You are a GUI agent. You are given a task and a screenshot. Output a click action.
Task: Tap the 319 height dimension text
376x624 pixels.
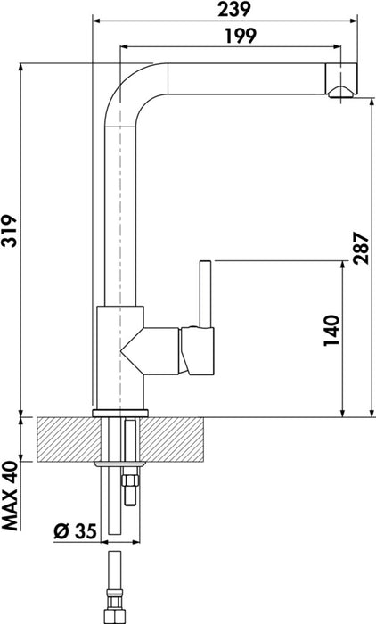pos(10,233)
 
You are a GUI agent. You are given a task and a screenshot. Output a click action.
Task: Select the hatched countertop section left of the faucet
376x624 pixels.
pos(62,439)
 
